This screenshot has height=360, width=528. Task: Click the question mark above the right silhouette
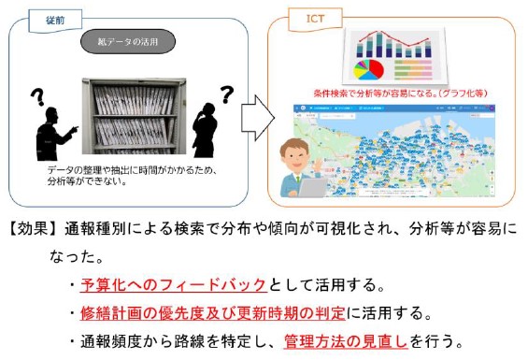[225, 93]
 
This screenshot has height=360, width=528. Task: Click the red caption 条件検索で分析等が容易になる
[385, 94]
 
